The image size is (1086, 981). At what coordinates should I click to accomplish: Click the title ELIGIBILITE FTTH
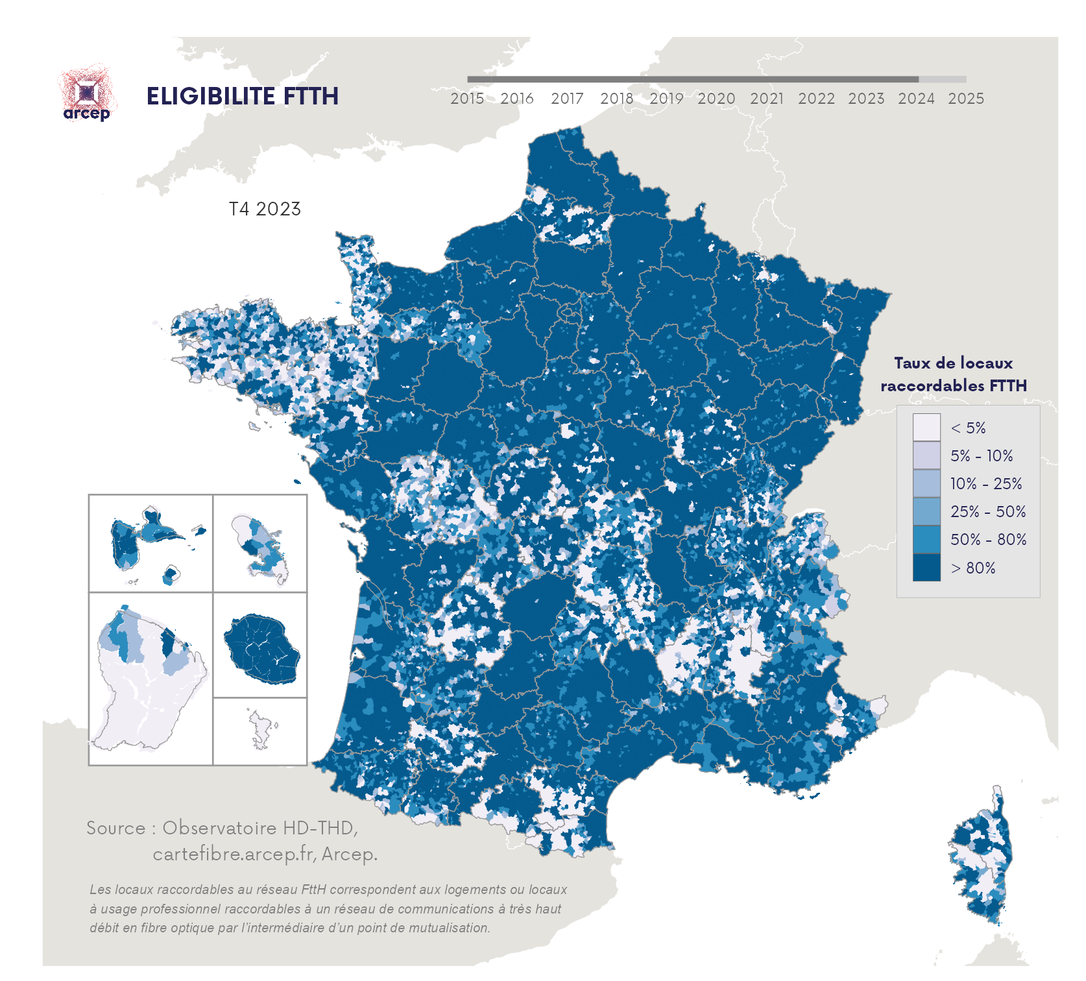coord(242,96)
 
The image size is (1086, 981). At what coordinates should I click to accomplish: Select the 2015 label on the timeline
coord(467,99)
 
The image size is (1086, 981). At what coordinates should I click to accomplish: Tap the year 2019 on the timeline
coord(666,99)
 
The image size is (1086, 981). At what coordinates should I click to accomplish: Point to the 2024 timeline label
coord(916,99)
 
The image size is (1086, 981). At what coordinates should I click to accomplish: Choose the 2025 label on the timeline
coord(966,99)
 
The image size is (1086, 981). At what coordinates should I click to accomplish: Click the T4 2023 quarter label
coord(265,209)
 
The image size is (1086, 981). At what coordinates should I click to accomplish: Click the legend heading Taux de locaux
coord(953,363)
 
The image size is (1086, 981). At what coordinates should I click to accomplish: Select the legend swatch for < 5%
coord(926,428)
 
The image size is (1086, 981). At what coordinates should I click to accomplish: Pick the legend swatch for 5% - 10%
coord(926,455)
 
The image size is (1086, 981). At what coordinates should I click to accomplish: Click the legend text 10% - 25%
coord(985,484)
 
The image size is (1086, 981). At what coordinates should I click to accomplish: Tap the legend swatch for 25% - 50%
coord(926,511)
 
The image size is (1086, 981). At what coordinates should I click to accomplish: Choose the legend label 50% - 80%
coord(988,540)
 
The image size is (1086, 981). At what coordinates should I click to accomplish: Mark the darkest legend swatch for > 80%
coord(926,568)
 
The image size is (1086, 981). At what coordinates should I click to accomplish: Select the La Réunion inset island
coord(261,649)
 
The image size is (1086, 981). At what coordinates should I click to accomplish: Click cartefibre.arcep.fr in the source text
coord(234,854)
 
